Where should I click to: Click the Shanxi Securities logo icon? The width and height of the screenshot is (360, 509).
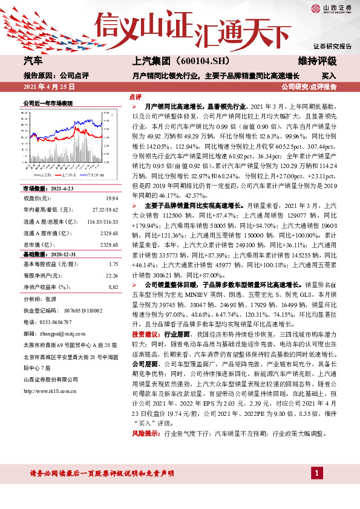click(x=315, y=8)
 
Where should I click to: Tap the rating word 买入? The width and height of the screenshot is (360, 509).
click(x=329, y=76)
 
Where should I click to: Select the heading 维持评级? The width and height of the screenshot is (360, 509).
click(x=318, y=62)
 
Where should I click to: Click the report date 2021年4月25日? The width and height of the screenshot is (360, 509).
click(x=48, y=87)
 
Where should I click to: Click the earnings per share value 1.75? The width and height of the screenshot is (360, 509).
click(x=113, y=264)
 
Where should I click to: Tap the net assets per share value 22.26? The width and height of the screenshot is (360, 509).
click(x=111, y=276)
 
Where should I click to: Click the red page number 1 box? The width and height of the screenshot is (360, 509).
click(x=316, y=472)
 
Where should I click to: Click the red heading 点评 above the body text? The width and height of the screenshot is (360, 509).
click(x=136, y=97)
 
